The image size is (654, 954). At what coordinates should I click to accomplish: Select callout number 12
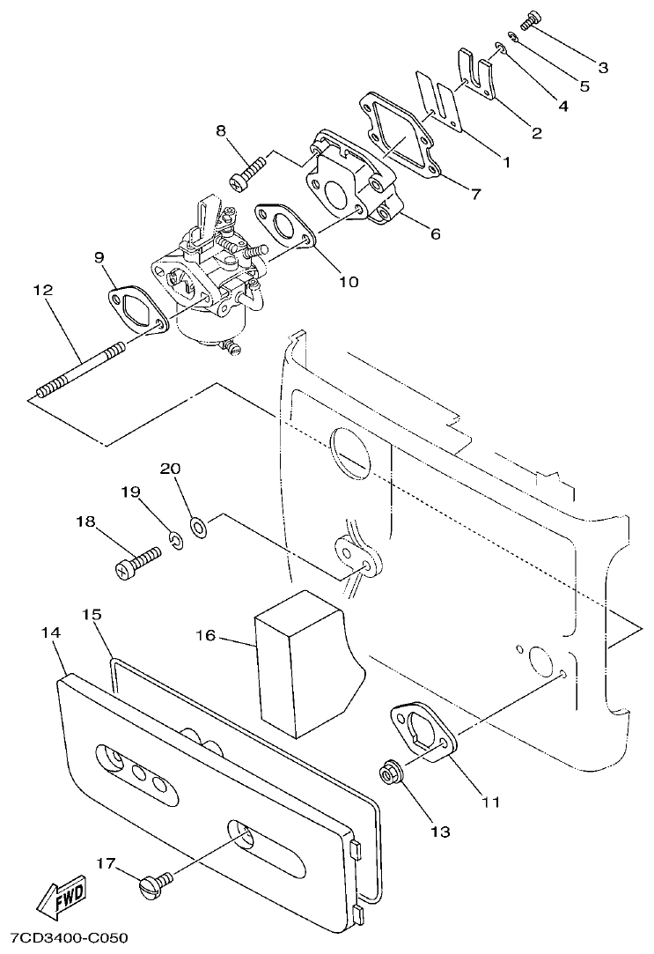point(42,289)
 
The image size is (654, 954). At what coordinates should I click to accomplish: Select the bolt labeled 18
point(138,561)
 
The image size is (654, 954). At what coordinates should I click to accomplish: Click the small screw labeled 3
point(532,18)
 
